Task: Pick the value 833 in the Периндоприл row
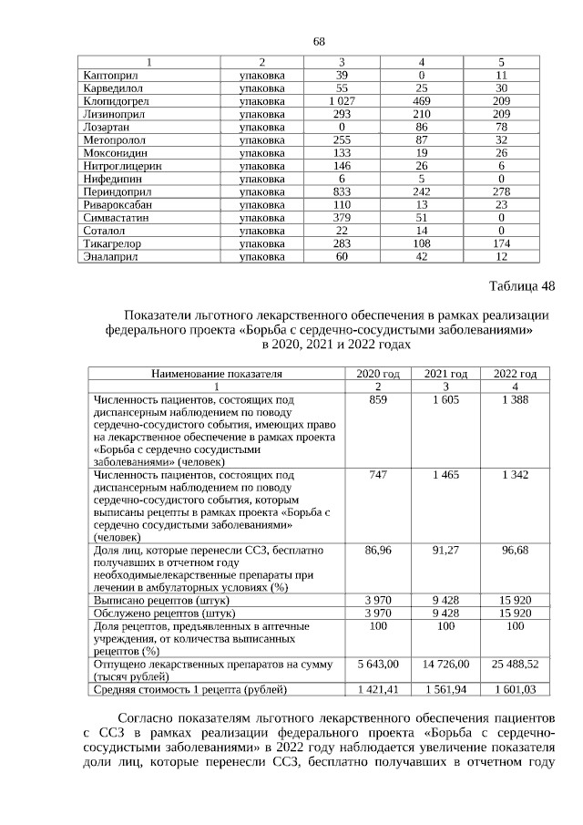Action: pos(342,192)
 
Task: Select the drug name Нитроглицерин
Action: pos(121,166)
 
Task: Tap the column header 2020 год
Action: pos(377,374)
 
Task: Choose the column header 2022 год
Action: pos(515,374)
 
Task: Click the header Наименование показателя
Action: pos(217,374)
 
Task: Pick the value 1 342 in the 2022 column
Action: pos(515,475)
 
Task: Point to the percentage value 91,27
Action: pos(445,551)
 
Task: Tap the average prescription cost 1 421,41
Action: pos(377,689)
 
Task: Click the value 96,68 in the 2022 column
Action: pos(515,551)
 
